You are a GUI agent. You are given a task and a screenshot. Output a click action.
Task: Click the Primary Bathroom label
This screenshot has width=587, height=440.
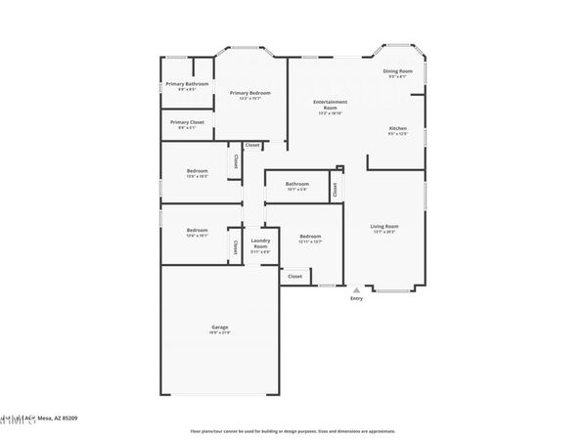[186, 84]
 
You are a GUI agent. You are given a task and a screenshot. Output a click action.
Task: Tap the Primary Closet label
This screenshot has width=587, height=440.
[186, 122]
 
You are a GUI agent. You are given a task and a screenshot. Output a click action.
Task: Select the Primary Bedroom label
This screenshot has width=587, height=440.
[250, 93]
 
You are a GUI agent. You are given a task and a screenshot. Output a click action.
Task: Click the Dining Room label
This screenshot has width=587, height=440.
[397, 71]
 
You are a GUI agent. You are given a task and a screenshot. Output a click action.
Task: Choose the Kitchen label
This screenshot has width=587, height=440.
[398, 129]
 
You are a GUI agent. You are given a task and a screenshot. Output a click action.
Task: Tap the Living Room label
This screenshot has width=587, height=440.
[384, 227]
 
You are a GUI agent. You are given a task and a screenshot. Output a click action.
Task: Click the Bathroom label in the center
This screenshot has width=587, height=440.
[297, 184]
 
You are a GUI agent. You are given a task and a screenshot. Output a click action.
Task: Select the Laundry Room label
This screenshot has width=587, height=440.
[260, 243]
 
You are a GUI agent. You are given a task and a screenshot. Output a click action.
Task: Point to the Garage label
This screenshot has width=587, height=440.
[219, 327]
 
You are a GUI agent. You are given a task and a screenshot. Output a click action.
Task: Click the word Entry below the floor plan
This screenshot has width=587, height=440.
[356, 298]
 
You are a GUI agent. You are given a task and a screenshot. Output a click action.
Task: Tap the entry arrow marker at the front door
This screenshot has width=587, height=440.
[356, 289]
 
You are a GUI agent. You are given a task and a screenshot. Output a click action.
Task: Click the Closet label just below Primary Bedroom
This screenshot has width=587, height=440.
[252, 145]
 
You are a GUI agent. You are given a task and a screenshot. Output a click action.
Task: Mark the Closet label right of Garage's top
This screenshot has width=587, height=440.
[295, 277]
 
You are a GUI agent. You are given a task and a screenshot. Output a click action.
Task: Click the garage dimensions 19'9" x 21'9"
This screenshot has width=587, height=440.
[219, 333]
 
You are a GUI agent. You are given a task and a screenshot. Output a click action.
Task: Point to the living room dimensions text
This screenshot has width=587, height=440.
[384, 233]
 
